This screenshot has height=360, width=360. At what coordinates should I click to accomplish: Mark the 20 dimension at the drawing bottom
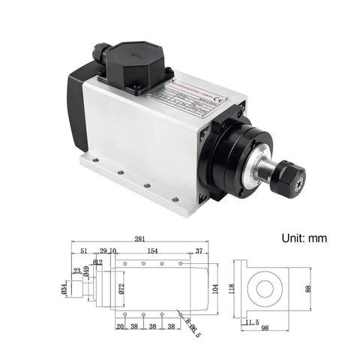tap(120, 328)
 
